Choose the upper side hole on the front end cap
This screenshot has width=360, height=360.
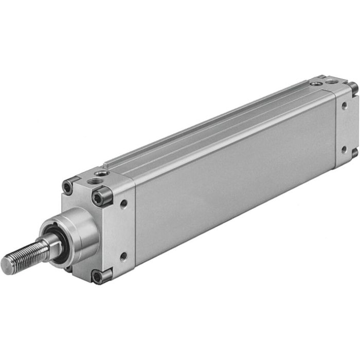tap(124, 204)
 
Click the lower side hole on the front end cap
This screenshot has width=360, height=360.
tap(123, 256)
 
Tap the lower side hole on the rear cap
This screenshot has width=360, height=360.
tap(344, 150)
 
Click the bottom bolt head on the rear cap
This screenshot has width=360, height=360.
tap(354, 153)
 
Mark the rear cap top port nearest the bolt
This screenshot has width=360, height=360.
tap(331, 81)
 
